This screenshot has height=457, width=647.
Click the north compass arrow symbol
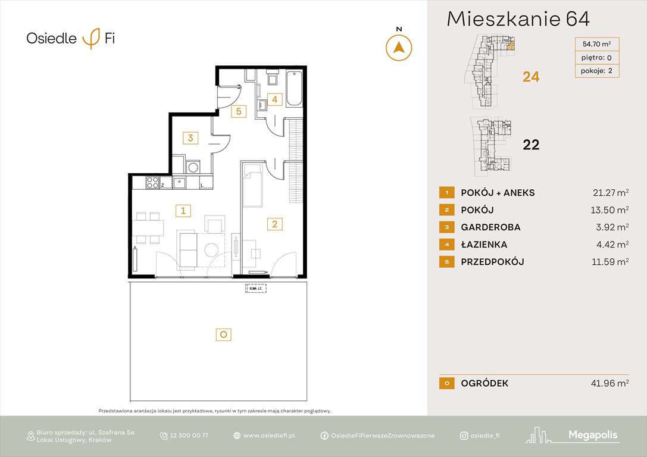point(399,48)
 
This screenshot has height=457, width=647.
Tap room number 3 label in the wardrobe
point(190,138)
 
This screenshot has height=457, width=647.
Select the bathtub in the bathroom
point(294,89)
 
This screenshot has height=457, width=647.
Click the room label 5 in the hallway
point(237,111)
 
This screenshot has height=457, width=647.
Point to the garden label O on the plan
point(223,335)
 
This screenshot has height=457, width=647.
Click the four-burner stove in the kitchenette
point(152,183)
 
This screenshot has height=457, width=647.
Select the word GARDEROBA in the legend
point(490,227)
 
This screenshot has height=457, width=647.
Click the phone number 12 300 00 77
point(189,436)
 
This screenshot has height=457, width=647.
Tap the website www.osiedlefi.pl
point(269,436)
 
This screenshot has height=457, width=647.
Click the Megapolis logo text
point(593,435)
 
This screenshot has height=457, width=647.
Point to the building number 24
point(531,76)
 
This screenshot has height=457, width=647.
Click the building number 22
point(531,145)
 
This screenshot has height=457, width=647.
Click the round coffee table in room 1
point(212,248)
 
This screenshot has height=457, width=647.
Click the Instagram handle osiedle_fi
point(485,436)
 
